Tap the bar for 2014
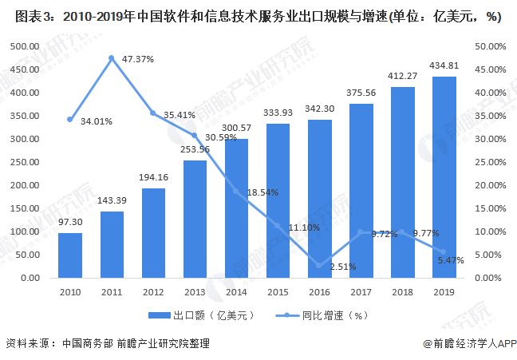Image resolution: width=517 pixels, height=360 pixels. pyautogui.click(x=236, y=208)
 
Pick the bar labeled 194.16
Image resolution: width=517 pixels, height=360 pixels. pyautogui.click(x=153, y=233)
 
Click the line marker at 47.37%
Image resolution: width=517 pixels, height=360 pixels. pyautogui.click(x=112, y=58)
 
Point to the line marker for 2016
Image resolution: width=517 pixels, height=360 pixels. pyautogui.click(x=319, y=266)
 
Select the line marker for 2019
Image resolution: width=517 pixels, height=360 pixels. pyautogui.click(x=444, y=252)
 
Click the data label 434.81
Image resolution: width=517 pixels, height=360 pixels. pyautogui.click(x=444, y=65)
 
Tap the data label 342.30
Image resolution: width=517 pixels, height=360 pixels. pyautogui.click(x=319, y=108)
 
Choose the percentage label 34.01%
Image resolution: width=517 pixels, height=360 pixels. pyautogui.click(x=97, y=122)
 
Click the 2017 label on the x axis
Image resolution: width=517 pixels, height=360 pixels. pyautogui.click(x=361, y=293)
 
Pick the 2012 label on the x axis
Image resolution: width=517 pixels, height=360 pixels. pyautogui.click(x=153, y=293)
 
